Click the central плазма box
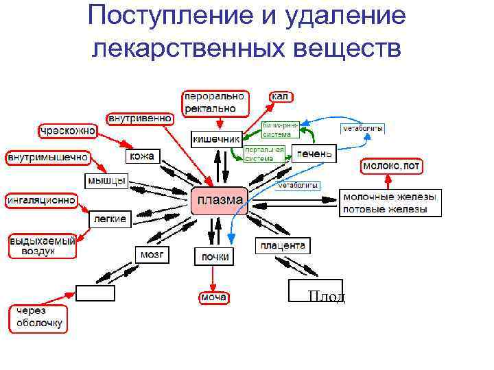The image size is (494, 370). coord(219,201)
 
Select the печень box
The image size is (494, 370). coord(314,153)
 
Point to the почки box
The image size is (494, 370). coord(214,256)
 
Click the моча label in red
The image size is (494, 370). coord(213,297)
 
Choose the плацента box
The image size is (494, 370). coord(282,245)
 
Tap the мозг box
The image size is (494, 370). coord(152,254)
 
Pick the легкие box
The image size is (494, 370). coord(109,219)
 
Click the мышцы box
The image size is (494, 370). coord(106,181)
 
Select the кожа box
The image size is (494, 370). coord(142,156)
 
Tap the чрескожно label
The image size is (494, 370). coord(67,130)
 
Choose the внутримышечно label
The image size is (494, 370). coord(48,157)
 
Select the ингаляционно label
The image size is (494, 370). coord(41,201)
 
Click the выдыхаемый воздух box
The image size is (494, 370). coord(41,247)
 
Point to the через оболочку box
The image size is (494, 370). coord(38,318)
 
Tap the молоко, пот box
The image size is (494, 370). coord(392,166)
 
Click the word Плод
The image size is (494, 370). coord(326,297)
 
